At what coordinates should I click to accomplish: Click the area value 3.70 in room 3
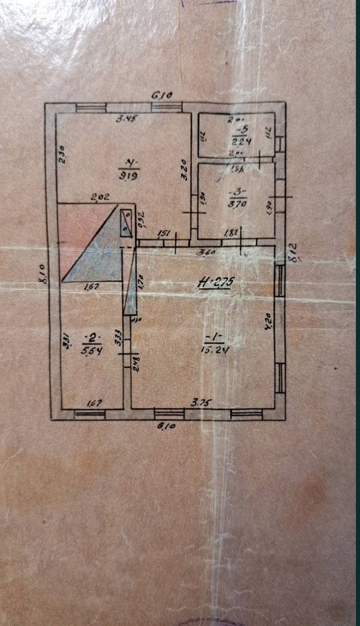point(235,205)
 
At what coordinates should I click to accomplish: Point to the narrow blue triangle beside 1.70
point(131,286)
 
